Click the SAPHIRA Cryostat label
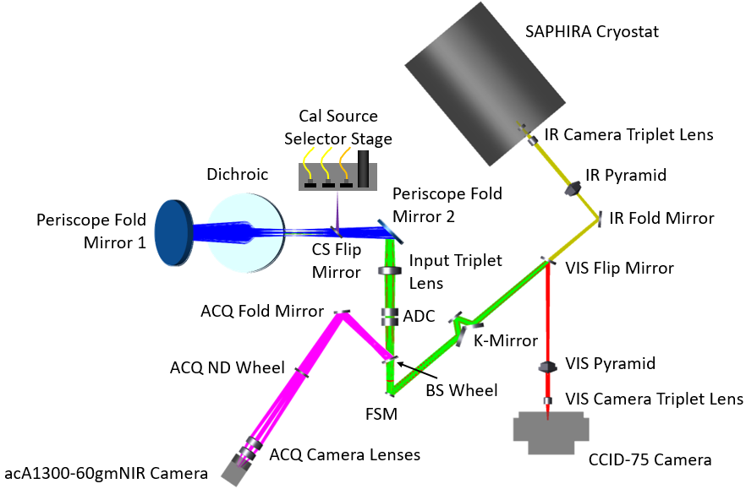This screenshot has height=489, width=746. [x=590, y=32]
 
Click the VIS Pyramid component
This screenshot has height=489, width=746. [x=548, y=367]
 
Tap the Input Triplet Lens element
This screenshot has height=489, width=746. [x=390, y=271]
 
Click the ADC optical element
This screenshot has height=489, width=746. [x=390, y=317]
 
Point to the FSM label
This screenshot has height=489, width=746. [x=380, y=414]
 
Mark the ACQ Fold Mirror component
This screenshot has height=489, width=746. [x=342, y=313]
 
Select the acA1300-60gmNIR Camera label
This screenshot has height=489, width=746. [x=104, y=475]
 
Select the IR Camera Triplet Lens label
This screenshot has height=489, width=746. [x=628, y=133]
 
